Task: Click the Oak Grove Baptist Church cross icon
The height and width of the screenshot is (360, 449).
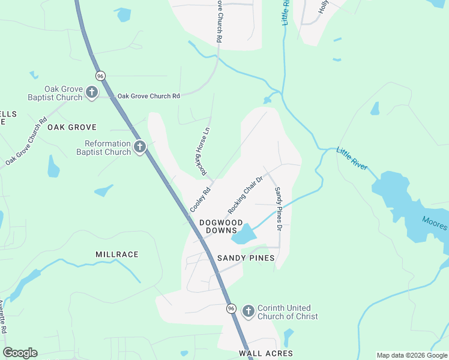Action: [92, 92]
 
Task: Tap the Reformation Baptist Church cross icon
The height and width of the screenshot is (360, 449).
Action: [140, 147]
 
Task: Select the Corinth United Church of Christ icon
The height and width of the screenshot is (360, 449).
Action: [249, 312]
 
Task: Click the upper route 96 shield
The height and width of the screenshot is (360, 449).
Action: [100, 76]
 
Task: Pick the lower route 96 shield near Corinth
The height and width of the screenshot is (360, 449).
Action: [231, 308]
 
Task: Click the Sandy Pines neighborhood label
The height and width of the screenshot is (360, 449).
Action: [246, 258]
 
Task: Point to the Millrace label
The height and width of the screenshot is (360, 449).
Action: [117, 254]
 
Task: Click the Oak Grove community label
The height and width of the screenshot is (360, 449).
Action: [72, 127]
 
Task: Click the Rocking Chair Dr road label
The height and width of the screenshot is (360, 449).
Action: [246, 196]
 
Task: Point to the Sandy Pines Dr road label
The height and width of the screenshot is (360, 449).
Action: [279, 209]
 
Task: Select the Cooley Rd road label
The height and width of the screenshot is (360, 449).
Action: [200, 200]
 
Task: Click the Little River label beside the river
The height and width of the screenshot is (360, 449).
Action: [352, 159]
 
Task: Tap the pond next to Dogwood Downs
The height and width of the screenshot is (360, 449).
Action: [243, 234]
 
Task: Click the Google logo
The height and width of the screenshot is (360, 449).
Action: [20, 353]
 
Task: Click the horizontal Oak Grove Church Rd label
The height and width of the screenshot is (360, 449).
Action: [148, 96]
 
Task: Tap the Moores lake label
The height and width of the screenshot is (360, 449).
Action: [434, 223]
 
